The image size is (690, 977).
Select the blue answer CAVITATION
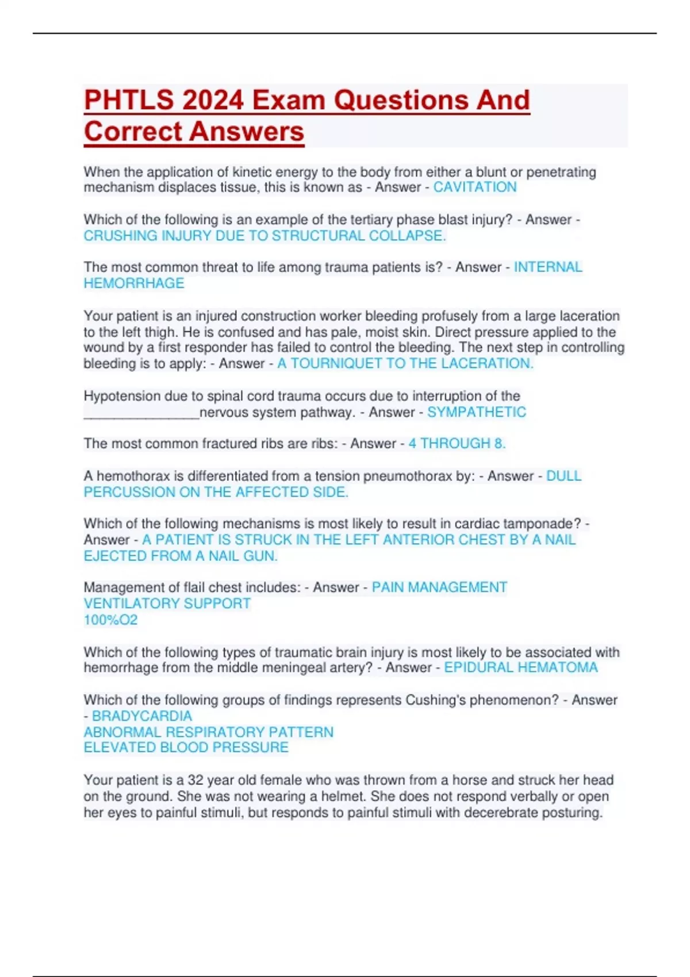coord(474,187)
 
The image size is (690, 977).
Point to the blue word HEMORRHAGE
coord(134,283)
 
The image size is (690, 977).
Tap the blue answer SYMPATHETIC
coord(476,413)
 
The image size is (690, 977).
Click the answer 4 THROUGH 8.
coord(457,444)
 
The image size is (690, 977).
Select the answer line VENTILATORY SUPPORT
coord(167,603)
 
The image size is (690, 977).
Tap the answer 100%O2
coord(111,620)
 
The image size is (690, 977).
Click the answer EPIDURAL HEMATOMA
coord(520,668)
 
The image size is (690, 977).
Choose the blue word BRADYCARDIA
coord(142,716)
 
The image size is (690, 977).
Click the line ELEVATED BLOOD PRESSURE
coord(186,748)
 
